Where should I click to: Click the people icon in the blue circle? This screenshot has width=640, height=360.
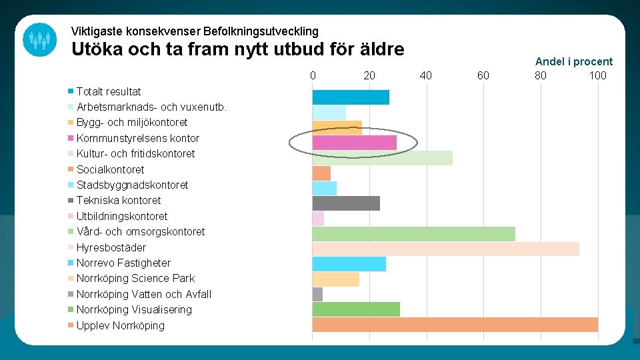pos(40,39)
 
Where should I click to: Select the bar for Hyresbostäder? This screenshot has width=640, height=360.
pos(445,249)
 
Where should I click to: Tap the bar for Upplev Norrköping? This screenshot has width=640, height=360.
pos(455,325)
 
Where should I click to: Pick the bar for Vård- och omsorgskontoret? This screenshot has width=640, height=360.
pos(413,233)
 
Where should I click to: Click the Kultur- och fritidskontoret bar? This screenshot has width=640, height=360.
pos(382,158)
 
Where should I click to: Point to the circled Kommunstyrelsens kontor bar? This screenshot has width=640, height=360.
pos(354,142)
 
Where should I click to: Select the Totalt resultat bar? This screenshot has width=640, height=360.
pos(351,97)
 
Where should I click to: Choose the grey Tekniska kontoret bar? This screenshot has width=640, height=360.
pos(346,203)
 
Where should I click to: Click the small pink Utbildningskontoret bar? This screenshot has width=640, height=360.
pos(318,218)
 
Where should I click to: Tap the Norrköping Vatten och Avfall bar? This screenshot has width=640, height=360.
pos(317,294)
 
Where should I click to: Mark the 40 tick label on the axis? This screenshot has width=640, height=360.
pos(426,75)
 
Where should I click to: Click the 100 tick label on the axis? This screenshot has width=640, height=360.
pos(597,75)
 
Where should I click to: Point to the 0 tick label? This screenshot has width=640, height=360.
pos(313,75)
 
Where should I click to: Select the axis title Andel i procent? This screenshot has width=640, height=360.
pos(573,61)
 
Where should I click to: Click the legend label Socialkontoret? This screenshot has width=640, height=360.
pos(110,169)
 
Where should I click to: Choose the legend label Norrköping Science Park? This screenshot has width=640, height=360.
pos(135,278)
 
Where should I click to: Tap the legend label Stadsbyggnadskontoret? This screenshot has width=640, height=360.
pos(132,185)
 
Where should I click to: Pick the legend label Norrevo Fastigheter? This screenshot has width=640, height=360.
pos(123,263)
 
